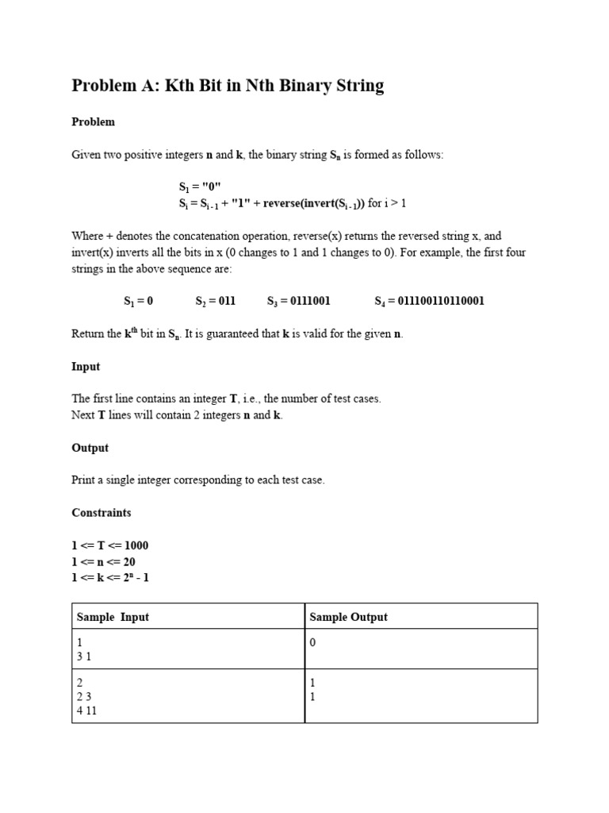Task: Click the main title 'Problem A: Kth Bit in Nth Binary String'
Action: point(228,87)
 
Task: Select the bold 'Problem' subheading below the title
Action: point(94,122)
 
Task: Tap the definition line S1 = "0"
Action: point(200,187)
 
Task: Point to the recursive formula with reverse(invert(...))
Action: point(292,203)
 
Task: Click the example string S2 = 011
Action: point(216,302)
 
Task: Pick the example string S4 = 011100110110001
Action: point(429,302)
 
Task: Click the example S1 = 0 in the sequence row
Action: point(138,302)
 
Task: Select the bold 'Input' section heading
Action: point(86,367)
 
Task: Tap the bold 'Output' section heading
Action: point(90,448)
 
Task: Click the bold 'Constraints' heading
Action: point(101,513)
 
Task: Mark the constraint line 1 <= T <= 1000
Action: point(110,546)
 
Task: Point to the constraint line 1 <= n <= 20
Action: point(104,562)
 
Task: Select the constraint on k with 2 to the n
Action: point(110,578)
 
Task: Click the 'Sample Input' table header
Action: point(113,617)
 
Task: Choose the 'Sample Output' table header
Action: point(349,617)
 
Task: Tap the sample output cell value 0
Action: point(313,642)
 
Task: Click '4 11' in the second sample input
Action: point(86,711)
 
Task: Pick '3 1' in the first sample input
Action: point(83,657)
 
